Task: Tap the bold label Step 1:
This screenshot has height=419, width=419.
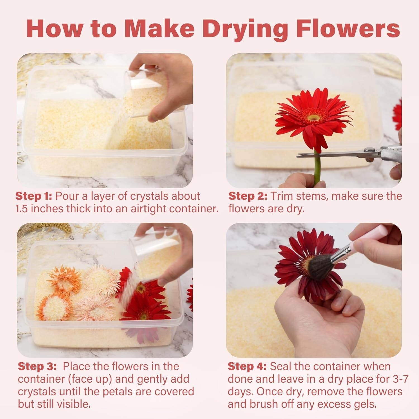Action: click(x=34, y=196)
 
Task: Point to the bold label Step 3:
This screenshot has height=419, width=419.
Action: click(x=37, y=366)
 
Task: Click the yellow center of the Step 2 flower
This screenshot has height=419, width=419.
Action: click(x=314, y=117)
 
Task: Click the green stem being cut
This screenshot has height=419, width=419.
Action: click(x=317, y=168)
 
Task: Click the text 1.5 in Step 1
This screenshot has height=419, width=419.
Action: click(x=21, y=209)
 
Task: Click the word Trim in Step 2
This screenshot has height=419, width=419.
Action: click(x=282, y=196)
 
